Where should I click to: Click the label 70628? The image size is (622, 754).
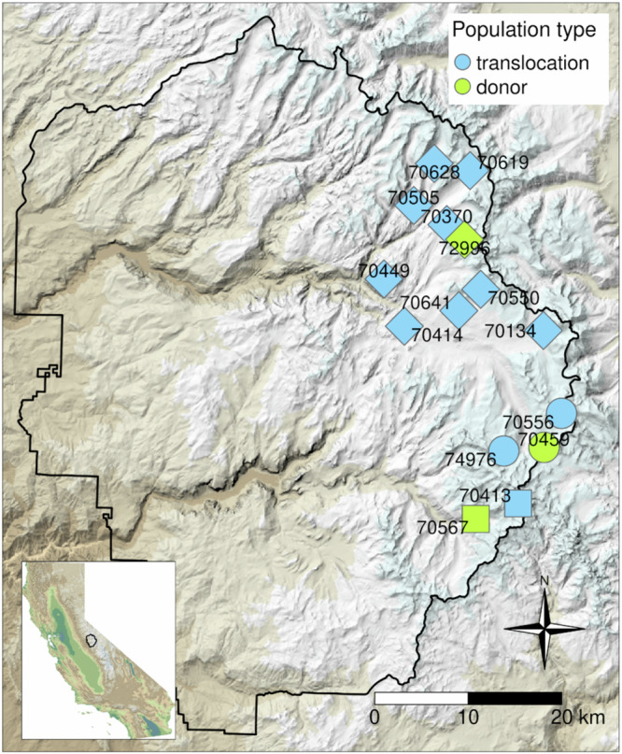(433, 172)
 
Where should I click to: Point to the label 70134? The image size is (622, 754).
(510, 331)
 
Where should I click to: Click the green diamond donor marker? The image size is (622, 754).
(466, 236)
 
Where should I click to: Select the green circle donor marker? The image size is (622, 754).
(544, 448)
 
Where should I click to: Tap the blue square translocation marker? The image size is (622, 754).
(518, 504)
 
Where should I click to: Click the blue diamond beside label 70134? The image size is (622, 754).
(546, 330)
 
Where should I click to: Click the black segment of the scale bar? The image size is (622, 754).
(515, 698)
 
